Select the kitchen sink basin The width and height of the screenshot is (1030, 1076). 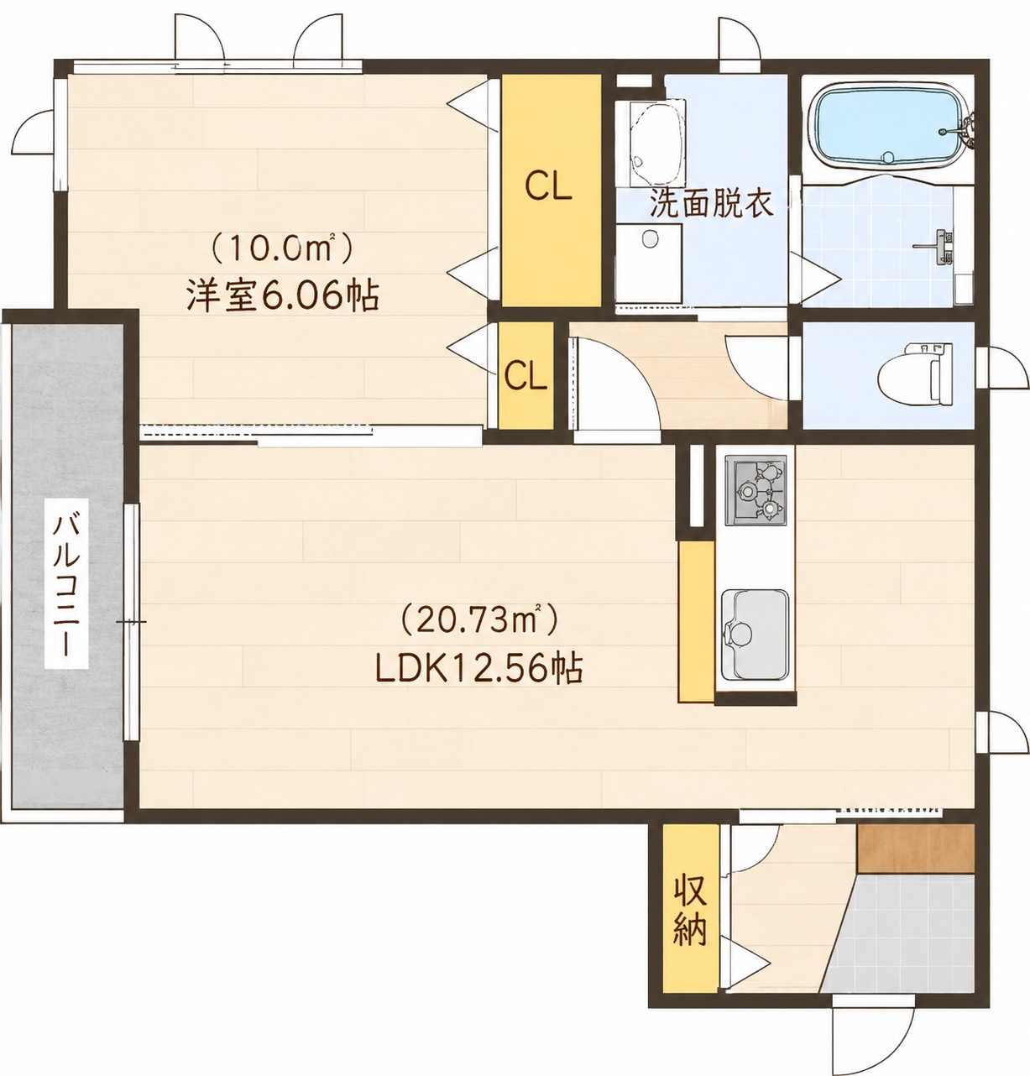(754, 634)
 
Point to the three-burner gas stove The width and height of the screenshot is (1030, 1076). (756, 490)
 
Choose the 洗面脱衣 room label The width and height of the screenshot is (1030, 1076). (710, 203)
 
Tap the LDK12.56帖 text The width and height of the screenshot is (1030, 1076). (478, 668)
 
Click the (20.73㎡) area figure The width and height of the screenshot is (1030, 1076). (478, 621)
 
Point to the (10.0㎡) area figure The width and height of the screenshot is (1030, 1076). (283, 248)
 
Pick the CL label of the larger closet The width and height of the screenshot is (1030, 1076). (548, 187)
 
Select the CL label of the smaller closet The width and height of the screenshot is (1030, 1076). (525, 378)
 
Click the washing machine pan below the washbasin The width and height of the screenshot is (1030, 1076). (648, 264)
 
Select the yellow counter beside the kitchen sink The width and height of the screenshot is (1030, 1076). (696, 621)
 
